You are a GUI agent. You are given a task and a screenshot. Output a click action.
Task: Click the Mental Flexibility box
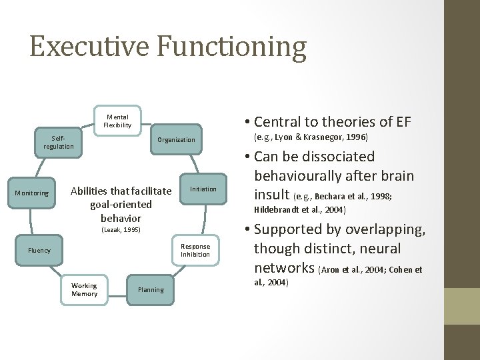tap(117, 121)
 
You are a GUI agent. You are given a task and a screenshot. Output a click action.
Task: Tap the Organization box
tap(176, 140)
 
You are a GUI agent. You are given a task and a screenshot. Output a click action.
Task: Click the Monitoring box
tap(33, 193)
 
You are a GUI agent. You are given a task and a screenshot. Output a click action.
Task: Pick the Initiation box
tap(203, 189)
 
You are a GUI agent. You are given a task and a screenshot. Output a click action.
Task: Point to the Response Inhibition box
tap(196, 250)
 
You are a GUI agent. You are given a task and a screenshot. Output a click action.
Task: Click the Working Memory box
tap(84, 289)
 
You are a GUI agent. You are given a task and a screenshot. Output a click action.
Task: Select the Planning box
tap(150, 289)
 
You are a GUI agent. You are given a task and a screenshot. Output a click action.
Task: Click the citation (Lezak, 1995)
tap(121, 231)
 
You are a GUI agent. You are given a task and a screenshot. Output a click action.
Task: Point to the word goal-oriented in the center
tap(121, 205)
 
